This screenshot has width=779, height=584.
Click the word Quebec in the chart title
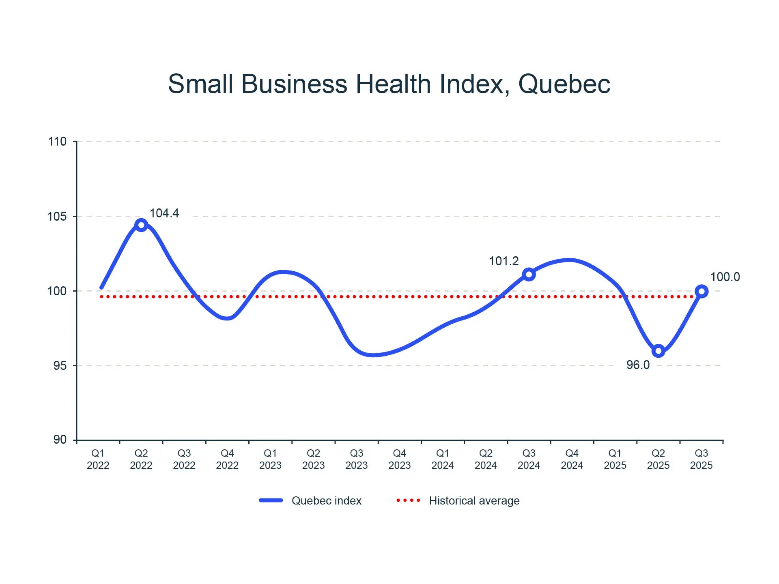tap(564, 84)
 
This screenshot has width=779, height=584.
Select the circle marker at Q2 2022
tap(141, 225)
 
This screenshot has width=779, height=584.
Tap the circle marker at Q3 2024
tap(529, 275)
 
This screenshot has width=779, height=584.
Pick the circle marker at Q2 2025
tap(658, 351)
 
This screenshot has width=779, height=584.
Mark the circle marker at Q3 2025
tap(702, 291)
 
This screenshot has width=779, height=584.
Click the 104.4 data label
tap(164, 213)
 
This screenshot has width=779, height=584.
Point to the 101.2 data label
tap(504, 261)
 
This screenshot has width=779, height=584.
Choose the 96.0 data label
tap(638, 365)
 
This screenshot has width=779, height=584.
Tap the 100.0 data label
tap(725, 277)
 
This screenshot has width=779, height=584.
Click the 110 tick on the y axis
tap(57, 142)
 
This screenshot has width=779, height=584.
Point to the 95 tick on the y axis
tap(60, 365)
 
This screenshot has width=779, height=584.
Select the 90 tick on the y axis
tap(60, 440)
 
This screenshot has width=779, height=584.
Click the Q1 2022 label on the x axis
tap(98, 459)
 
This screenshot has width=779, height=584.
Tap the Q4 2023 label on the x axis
tap(400, 459)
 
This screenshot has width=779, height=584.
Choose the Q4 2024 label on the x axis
tap(572, 459)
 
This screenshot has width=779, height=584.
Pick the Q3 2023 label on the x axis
tap(357, 459)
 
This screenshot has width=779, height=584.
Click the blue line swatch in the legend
tap(271, 500)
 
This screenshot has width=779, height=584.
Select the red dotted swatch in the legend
tap(409, 500)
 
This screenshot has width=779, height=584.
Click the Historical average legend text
tap(474, 501)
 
